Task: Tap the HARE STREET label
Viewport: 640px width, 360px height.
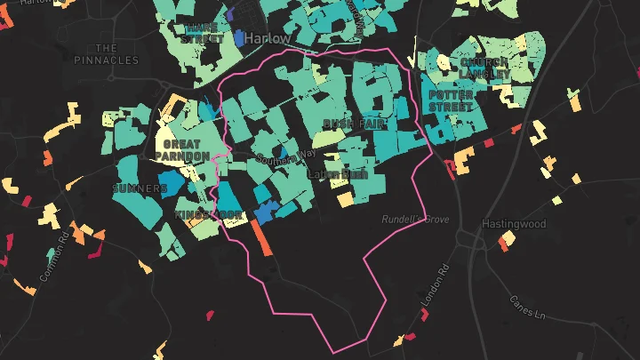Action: click(202, 33)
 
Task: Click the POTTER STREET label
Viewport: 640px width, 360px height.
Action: click(452, 100)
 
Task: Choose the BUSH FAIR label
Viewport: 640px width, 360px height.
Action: click(354, 124)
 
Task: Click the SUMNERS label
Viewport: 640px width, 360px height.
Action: click(140, 189)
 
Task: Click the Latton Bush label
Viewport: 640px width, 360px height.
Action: click(337, 175)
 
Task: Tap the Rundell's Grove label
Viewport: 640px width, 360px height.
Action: click(415, 219)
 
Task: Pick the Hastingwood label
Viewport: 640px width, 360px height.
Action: click(514, 224)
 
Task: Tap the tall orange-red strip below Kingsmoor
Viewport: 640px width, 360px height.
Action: click(260, 238)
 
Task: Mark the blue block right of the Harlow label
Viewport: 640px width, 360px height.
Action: click(242, 38)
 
